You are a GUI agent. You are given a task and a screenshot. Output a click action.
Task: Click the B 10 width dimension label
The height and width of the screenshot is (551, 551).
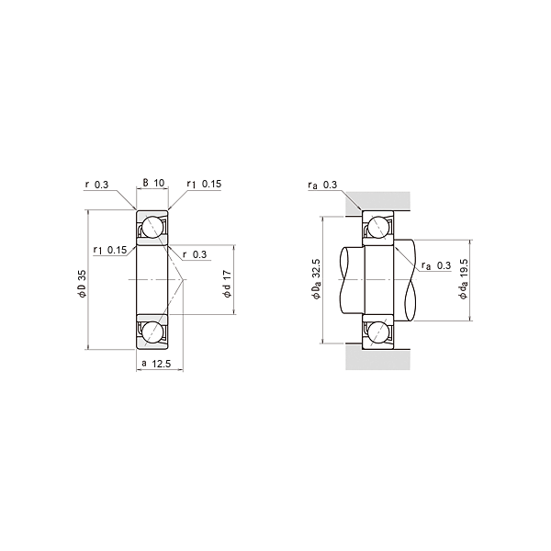[153, 184]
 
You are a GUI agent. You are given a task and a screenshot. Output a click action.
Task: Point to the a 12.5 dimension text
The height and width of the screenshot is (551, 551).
[156, 365]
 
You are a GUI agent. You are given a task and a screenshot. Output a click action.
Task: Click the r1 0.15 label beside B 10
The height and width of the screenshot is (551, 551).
[204, 184]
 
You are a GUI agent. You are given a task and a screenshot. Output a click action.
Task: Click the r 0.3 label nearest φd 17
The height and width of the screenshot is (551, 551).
[194, 254]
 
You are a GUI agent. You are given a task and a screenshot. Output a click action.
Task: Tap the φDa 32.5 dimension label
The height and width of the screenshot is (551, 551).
[317, 279]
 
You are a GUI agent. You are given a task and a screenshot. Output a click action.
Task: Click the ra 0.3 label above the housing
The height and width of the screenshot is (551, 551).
[323, 186]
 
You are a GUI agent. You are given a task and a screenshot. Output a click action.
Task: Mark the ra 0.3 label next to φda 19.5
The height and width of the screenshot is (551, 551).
[435, 265]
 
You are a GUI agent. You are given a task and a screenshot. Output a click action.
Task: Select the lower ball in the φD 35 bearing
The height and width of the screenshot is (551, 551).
[152, 331]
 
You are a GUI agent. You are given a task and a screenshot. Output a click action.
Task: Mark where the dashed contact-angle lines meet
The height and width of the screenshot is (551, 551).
[184, 279]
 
